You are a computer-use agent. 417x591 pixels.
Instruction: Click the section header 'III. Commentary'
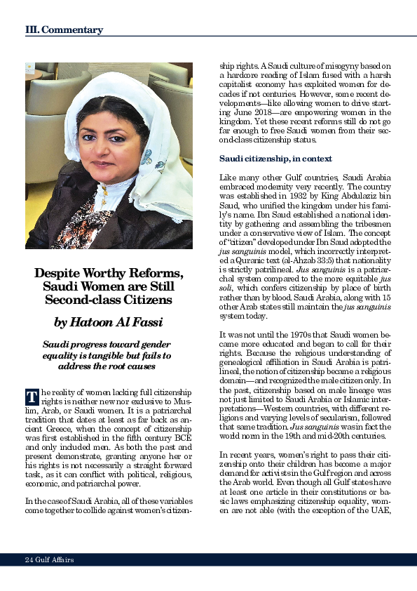(64, 30)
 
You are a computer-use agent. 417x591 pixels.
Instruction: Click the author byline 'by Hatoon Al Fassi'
(109, 322)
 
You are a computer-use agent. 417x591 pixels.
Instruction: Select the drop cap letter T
(32, 397)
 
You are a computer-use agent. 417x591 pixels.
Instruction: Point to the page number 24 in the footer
(29, 559)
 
